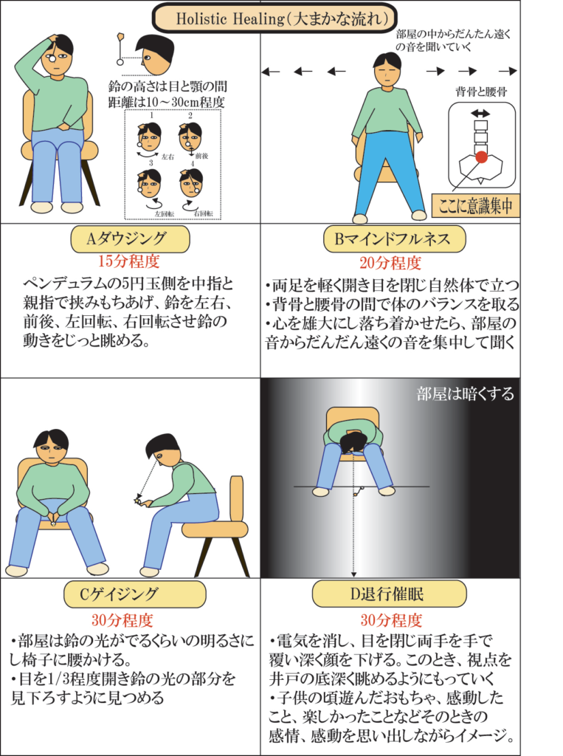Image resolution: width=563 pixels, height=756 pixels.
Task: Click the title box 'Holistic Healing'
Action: (x=274, y=18)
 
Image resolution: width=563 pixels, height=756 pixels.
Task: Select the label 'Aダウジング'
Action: (x=130, y=239)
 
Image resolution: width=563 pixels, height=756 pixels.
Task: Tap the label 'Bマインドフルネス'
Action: (x=394, y=239)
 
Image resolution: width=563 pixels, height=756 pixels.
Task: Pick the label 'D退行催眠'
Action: (x=389, y=594)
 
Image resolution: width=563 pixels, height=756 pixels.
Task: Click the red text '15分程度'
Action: (x=129, y=261)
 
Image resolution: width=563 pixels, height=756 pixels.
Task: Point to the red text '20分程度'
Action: (x=390, y=263)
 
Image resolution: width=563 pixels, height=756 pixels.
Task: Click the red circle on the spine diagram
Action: (x=482, y=157)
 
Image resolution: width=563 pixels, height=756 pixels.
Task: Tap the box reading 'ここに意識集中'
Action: (x=475, y=206)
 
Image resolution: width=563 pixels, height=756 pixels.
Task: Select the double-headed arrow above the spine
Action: (x=480, y=114)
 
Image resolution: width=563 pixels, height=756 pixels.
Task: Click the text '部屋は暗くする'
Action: (x=465, y=394)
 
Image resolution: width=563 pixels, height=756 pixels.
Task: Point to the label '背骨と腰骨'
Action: (x=482, y=92)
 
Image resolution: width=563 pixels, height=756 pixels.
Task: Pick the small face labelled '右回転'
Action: (x=192, y=183)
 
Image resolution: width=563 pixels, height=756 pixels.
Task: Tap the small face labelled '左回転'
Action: (x=149, y=182)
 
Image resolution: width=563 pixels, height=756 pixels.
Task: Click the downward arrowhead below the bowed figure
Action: (x=353, y=574)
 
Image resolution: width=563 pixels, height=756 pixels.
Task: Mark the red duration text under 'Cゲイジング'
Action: (x=122, y=620)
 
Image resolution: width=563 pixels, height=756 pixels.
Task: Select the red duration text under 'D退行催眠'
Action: (x=391, y=620)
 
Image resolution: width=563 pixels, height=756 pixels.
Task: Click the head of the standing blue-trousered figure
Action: (x=387, y=70)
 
